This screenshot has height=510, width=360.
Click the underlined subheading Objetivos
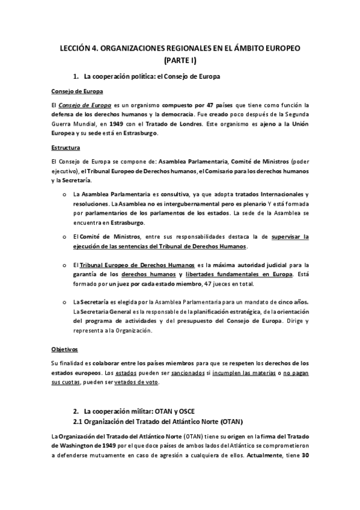64,349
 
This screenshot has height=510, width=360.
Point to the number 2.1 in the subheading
78,421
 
